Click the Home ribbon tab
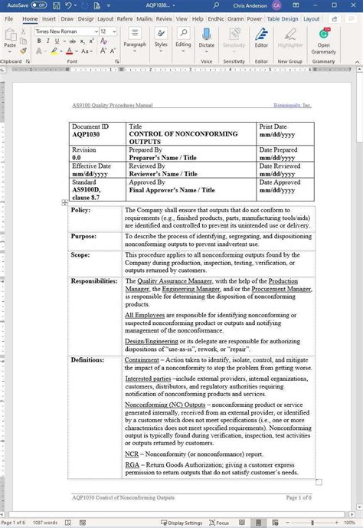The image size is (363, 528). [x=30, y=18]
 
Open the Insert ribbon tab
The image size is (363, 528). [x=49, y=18]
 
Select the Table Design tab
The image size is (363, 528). [x=284, y=18]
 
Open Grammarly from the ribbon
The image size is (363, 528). [x=324, y=41]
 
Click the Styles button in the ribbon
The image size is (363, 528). [x=161, y=40]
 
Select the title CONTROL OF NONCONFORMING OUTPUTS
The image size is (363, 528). [x=173, y=138]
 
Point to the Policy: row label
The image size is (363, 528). [x=81, y=210]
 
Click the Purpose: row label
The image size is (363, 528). [x=83, y=237]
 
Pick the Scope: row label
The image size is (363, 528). [x=80, y=254]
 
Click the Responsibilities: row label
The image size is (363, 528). [x=93, y=281]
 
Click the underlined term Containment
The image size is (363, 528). [x=142, y=359]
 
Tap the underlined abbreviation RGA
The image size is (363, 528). [x=132, y=464]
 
